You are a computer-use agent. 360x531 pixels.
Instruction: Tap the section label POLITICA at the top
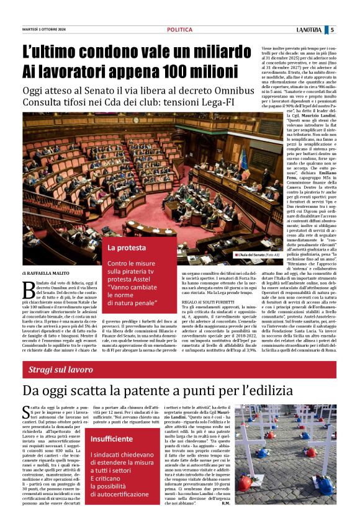point(179,30)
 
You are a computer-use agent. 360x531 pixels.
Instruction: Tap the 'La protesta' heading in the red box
point(127,248)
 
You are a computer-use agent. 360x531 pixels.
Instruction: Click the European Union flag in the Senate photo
point(243,161)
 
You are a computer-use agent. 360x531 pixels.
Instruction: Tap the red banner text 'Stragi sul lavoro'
point(61,370)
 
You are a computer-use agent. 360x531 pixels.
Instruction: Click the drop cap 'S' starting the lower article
point(27,413)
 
